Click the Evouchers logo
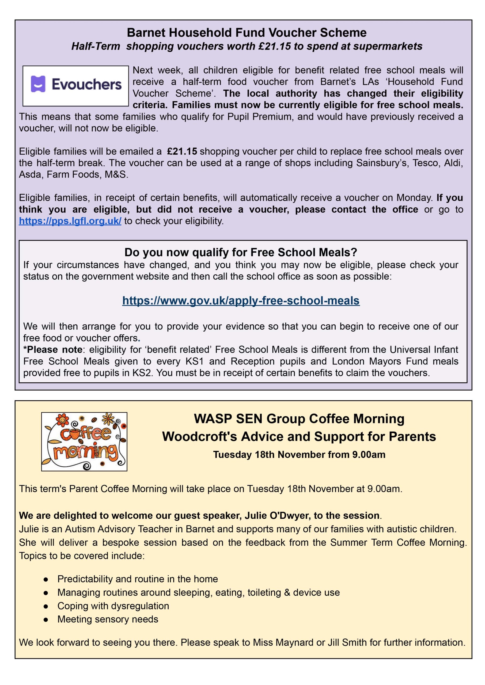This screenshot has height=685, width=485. pyautogui.click(x=75, y=86)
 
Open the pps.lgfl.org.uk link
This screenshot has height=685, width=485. pyautogui.click(x=70, y=221)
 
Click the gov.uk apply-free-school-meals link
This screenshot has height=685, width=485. pyautogui.click(x=241, y=300)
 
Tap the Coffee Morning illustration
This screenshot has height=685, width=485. pyautogui.click(x=84, y=442)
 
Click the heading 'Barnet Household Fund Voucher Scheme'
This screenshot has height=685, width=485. pyautogui.click(x=247, y=33)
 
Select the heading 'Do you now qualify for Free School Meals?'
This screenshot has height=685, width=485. pyautogui.click(x=241, y=252)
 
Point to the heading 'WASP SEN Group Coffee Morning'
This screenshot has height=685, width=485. pyautogui.click(x=299, y=418)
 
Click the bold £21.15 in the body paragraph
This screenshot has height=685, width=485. pyautogui.click(x=182, y=151)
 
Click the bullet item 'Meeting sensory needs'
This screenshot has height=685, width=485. pyautogui.click(x=108, y=619)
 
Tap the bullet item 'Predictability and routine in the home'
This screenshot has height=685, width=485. pyautogui.click(x=137, y=579)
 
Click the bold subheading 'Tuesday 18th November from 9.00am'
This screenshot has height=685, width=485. pyautogui.click(x=299, y=454)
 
